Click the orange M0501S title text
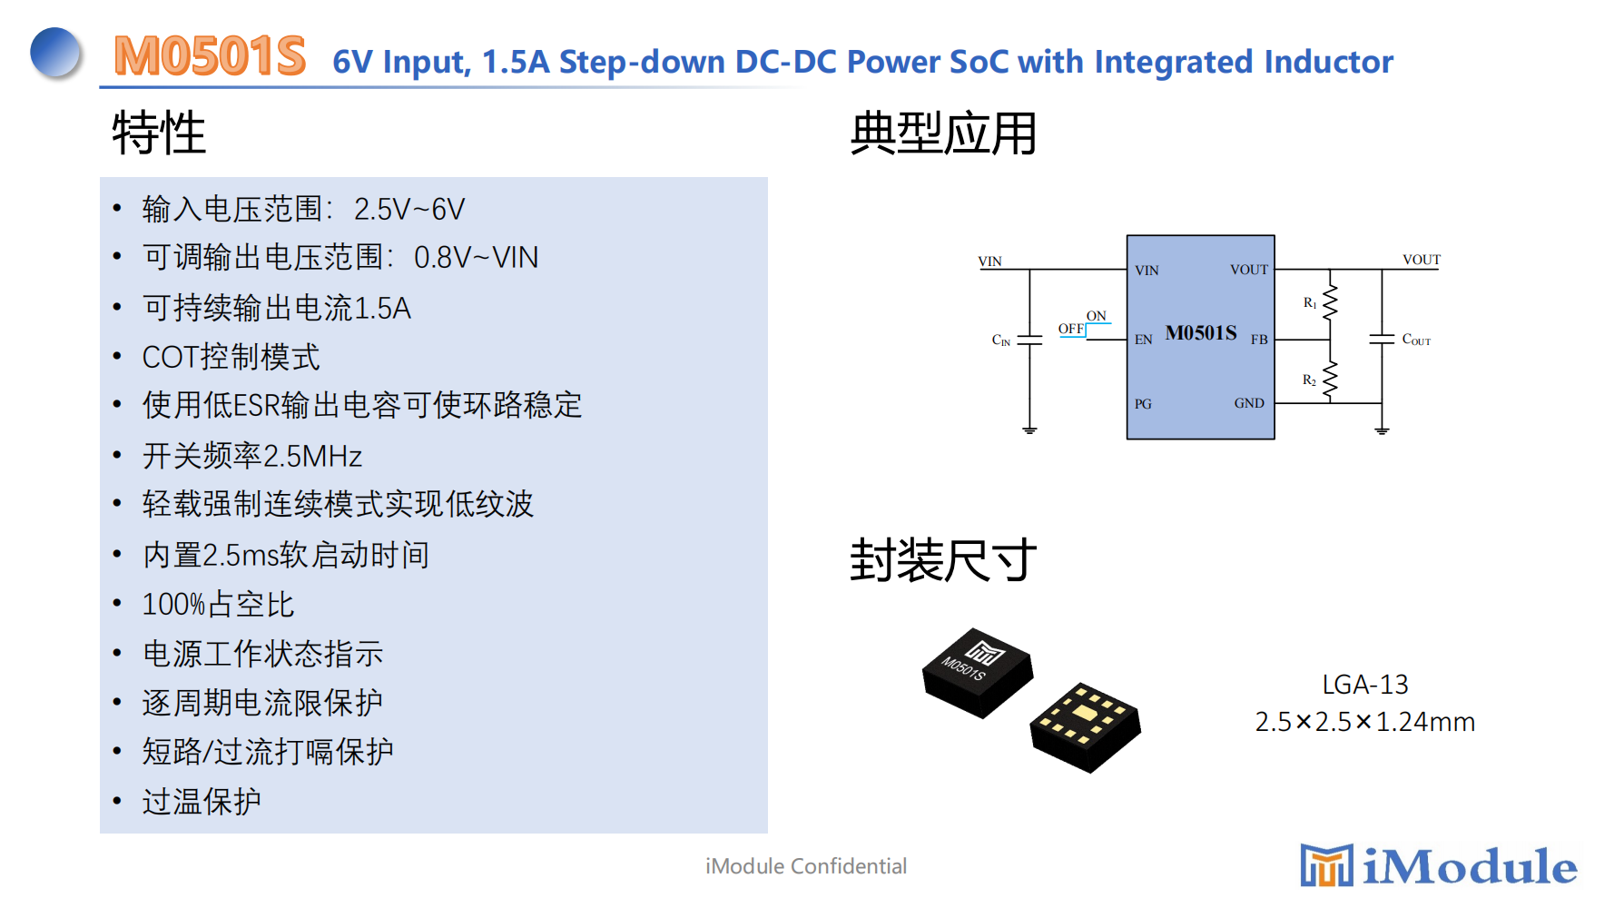coord(210,56)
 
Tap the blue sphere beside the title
coord(56,53)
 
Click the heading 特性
coord(159,133)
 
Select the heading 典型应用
coord(943,133)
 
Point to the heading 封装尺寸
coord(943,559)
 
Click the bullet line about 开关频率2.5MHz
coord(252,456)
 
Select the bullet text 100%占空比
coord(218,605)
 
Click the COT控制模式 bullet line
coord(231,357)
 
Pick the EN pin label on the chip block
coord(1144,340)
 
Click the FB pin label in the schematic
coord(1259,340)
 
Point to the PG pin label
coord(1143,404)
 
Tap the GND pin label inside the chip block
coord(1249,403)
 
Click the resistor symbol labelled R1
coord(1330,302)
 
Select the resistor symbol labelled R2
coord(1330,380)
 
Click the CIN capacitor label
coord(1001,340)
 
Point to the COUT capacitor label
coord(1416,340)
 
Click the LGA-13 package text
coord(1364,685)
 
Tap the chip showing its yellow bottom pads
coord(1086,726)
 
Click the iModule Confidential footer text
coord(806,866)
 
